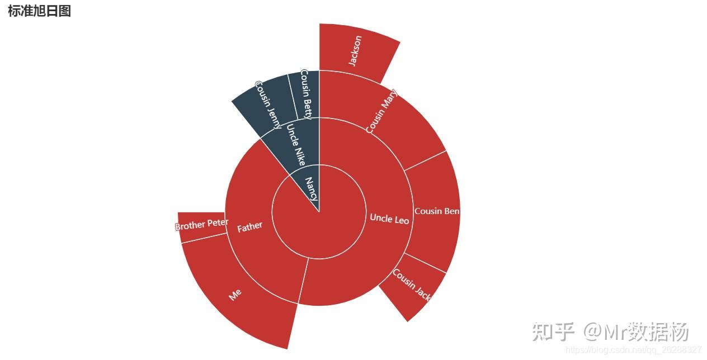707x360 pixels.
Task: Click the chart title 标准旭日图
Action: (39, 11)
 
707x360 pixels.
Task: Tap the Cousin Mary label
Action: (381, 110)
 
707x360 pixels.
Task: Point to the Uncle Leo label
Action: (389, 219)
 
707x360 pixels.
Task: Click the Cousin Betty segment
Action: (305, 94)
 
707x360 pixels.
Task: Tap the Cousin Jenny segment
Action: (268, 104)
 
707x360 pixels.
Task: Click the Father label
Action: (249, 226)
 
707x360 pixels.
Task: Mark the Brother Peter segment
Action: (201, 225)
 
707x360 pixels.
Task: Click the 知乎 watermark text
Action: (553, 332)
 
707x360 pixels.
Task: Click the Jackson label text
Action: (355, 51)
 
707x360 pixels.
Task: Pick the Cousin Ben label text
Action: (437, 211)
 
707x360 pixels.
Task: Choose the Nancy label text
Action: (311, 189)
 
